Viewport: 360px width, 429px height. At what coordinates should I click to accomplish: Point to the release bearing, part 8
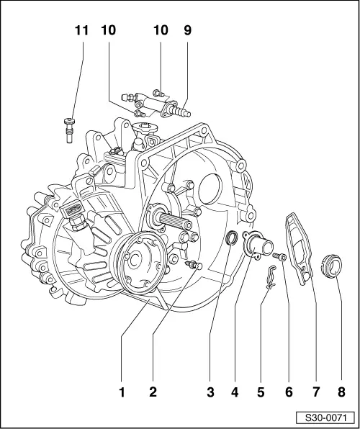pyautogui.click(x=331, y=266)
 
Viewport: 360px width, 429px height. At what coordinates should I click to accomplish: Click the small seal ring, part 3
pyautogui.click(x=232, y=238)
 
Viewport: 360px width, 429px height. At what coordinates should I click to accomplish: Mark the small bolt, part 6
pyautogui.click(x=280, y=256)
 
